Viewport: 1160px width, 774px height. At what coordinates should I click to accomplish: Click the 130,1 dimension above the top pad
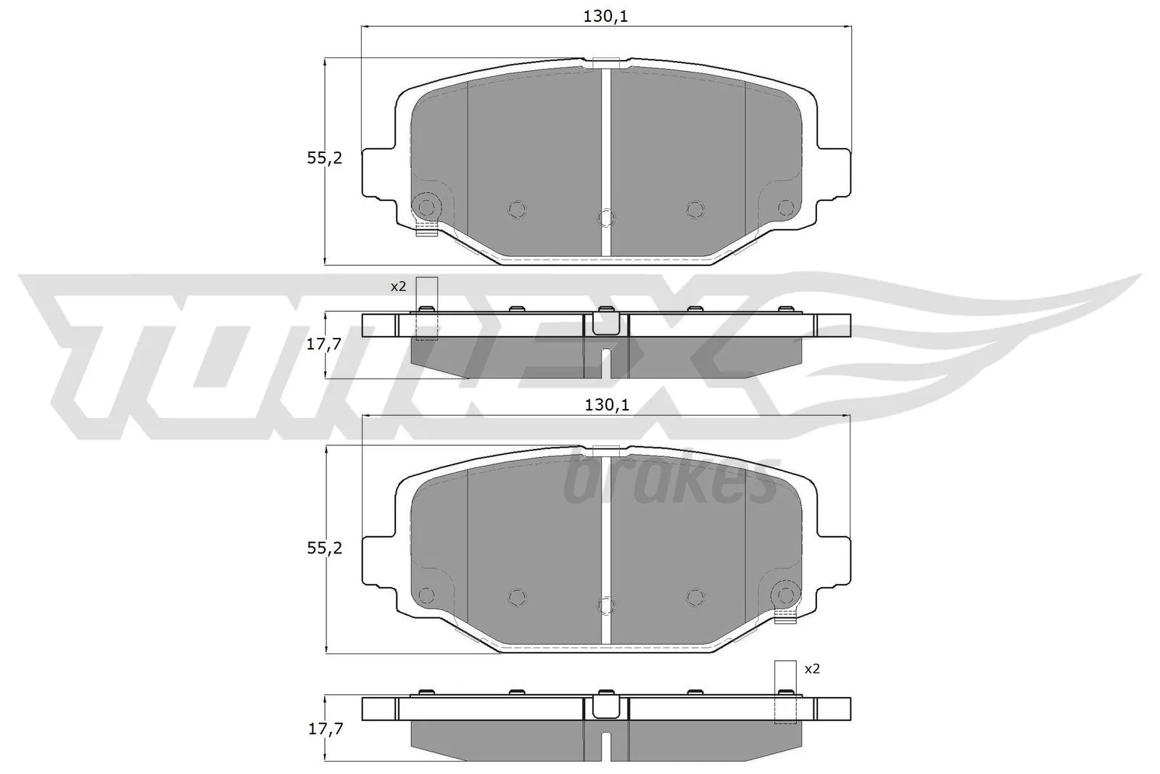coord(605,17)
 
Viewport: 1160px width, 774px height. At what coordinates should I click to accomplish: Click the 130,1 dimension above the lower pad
coord(605,405)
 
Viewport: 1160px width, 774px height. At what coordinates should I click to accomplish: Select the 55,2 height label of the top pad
coord(324,158)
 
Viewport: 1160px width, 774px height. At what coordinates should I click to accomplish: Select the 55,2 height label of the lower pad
coord(324,548)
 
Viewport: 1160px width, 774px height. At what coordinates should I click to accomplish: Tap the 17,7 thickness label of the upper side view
coord(323,345)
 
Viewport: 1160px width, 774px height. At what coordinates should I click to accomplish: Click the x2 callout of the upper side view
coord(398,287)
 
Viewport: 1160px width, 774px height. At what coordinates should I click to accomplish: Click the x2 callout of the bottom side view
coord(812,669)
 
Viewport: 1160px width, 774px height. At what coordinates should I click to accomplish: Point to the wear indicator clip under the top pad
coord(427,231)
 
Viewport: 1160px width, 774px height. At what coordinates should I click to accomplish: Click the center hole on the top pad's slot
coord(606,217)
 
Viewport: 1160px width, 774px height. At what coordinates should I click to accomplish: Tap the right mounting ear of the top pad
coord(834,173)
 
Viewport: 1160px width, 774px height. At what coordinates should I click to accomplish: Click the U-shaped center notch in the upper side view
coord(605,322)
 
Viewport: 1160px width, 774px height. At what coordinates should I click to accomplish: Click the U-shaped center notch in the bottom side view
coord(605,707)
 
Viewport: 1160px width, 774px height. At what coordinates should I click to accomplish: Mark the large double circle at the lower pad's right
coord(784,595)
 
